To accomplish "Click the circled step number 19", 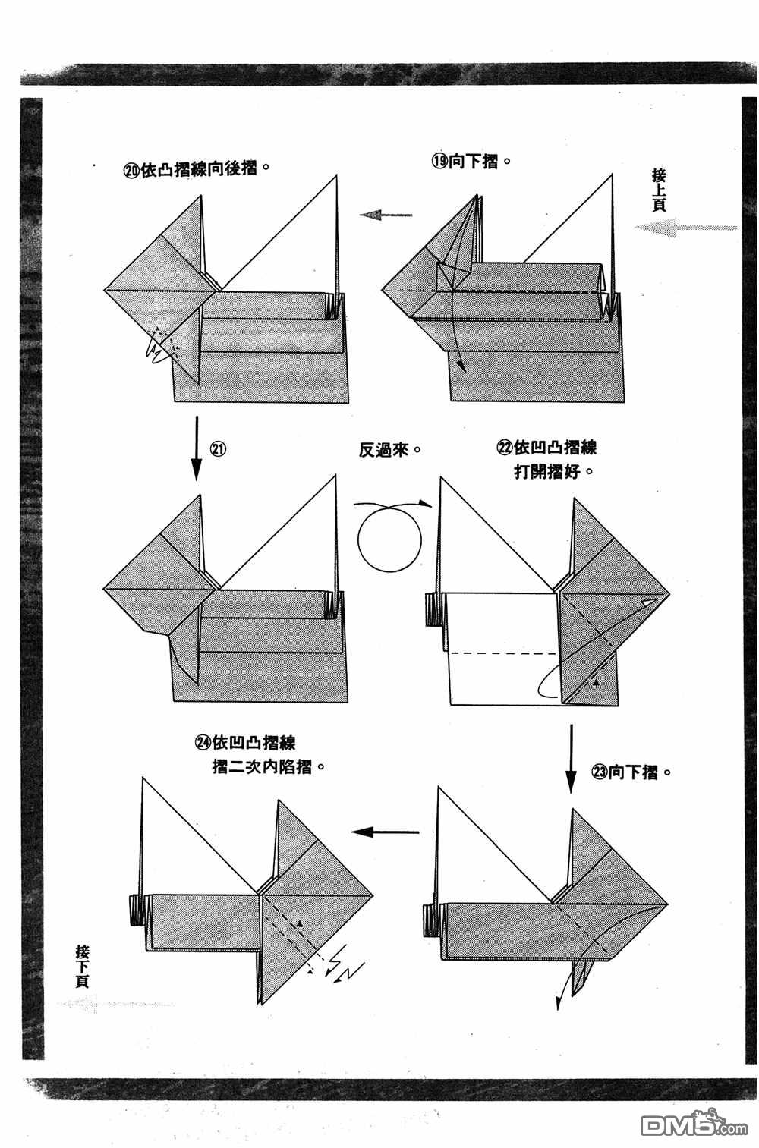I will click(x=440, y=162).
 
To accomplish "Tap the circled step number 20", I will click(x=131, y=171).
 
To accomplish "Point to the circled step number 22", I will click(x=505, y=447).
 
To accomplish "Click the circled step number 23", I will click(x=599, y=772).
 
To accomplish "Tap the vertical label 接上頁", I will click(x=658, y=190).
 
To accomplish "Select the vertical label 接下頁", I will click(x=82, y=964).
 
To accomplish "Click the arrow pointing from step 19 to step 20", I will click(x=386, y=215).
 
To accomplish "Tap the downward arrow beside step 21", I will click(x=197, y=448).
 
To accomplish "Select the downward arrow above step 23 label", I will click(x=570, y=759).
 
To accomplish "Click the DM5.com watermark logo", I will click(x=683, y=1125).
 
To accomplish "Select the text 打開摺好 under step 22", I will click(x=553, y=471).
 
